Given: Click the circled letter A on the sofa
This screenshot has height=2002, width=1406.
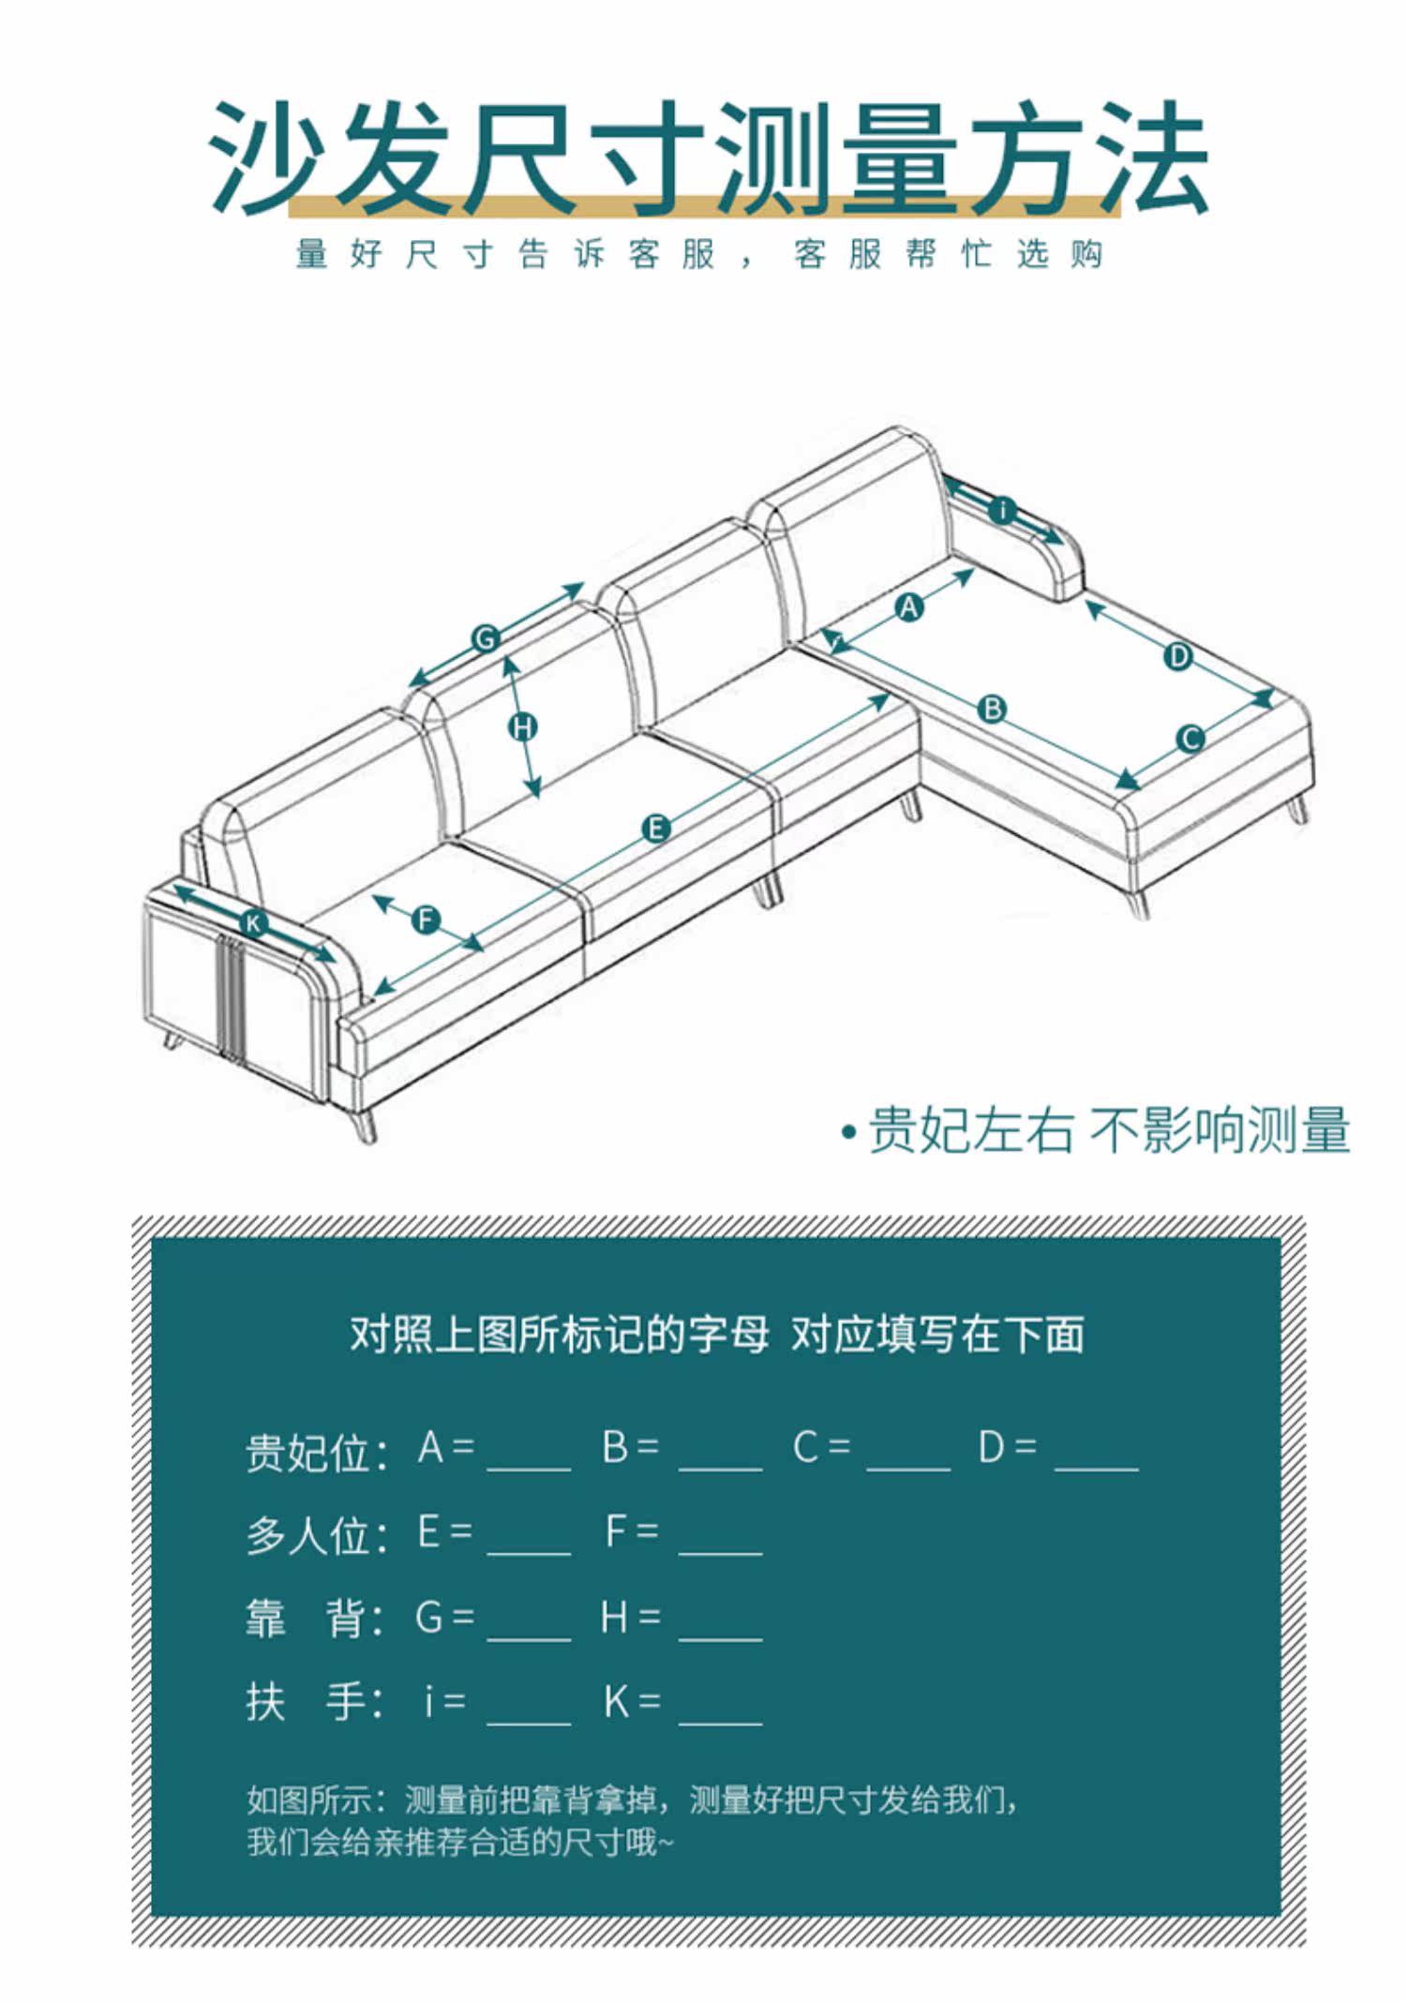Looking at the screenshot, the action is coord(908,608).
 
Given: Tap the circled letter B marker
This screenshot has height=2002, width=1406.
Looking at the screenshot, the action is coord(991,709).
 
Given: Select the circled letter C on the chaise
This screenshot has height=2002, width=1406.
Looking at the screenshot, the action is coord(1190,739).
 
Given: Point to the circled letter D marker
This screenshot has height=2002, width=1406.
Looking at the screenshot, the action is coord(1178,656).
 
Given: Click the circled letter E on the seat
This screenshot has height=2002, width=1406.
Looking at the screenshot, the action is coord(656,829).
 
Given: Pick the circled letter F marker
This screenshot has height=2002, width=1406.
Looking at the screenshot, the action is coord(426,919).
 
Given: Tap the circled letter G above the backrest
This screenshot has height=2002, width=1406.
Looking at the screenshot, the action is coord(486,639).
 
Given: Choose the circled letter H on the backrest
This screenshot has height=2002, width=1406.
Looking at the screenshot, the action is coord(523,726).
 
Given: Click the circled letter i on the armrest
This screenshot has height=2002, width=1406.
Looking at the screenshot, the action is coord(1003,511).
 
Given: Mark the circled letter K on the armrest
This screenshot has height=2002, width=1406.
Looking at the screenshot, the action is coord(253,924).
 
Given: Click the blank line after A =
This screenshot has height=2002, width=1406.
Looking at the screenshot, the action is coord(529,1456).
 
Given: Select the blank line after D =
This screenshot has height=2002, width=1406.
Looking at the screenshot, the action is coord(1097,1456).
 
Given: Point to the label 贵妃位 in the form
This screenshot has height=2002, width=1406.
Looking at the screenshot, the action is coord(307,1453).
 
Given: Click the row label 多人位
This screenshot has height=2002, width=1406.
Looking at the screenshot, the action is coord(307,1536).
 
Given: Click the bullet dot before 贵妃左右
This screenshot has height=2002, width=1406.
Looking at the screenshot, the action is coord(849,1132).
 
